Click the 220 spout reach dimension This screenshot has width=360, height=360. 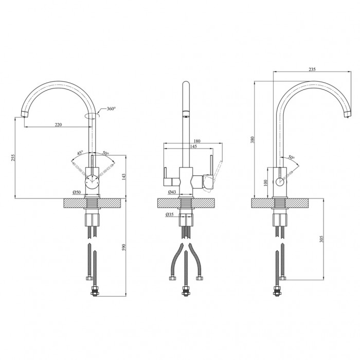[58, 124]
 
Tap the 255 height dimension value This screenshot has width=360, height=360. [13, 157]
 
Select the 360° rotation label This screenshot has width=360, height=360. [112, 109]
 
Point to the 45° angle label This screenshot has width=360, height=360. [80, 153]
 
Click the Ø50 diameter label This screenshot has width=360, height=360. [77, 192]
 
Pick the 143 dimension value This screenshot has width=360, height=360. [124, 176]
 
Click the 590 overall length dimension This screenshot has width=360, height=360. [124, 247]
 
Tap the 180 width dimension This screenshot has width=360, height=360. [197, 141]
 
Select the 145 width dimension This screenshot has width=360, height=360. [193, 146]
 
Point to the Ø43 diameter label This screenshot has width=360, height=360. [172, 191]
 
